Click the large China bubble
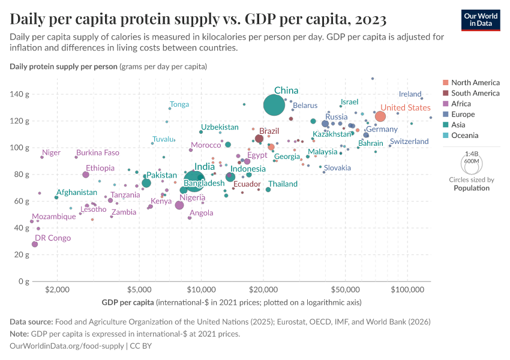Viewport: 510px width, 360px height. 274,105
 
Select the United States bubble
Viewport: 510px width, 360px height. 380,116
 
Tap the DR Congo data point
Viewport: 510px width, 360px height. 35,244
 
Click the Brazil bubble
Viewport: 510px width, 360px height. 259,139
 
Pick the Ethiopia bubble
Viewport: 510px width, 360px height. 86,175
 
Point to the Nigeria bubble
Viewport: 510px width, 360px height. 179,205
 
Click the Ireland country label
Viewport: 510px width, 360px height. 410,94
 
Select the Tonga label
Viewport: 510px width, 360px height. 179,104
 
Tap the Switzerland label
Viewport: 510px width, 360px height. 409,142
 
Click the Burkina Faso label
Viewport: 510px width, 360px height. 98,152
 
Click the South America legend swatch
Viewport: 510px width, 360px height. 445,93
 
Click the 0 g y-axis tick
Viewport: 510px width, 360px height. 25,281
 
